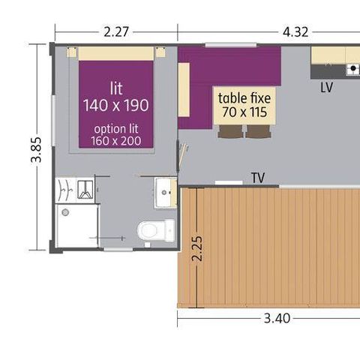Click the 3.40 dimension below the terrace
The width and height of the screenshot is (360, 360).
[x=277, y=318]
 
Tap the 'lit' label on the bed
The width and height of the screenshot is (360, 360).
[x=116, y=87]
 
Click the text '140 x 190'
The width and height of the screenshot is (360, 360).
[x=116, y=104]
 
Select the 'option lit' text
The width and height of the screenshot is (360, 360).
[x=115, y=127]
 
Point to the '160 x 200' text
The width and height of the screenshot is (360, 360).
[x=115, y=140]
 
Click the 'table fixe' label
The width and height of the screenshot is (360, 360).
[x=244, y=98]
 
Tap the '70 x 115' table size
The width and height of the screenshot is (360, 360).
[x=244, y=112]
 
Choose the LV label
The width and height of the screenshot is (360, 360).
[x=326, y=87]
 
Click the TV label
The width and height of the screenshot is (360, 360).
[x=258, y=178]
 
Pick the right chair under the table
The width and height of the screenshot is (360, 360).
[x=258, y=131]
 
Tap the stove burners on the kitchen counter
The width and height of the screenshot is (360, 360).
[x=353, y=70]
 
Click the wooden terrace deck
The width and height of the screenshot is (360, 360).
[x=277, y=247]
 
